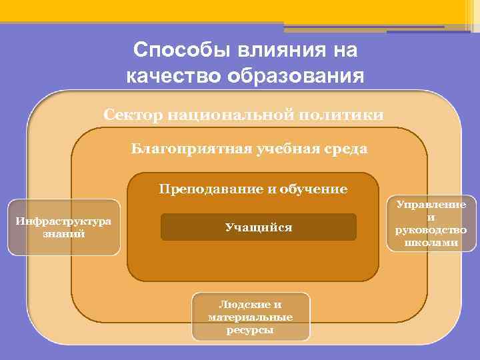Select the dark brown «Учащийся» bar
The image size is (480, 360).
(259, 227)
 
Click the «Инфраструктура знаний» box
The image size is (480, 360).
(64, 227)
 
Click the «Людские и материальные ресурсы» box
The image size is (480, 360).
(250, 317)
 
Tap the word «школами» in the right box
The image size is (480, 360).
(431, 242)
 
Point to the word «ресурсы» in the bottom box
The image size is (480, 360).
(250, 329)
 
